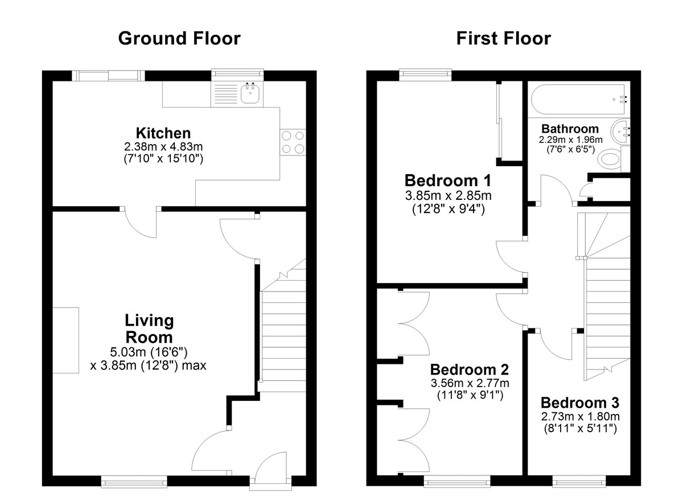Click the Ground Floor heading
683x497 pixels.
point(179,38)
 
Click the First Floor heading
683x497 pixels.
point(503,38)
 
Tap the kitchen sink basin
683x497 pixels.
point(250,93)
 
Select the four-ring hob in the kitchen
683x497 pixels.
point(293,142)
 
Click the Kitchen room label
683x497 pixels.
point(163,133)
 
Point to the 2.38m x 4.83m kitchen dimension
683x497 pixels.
point(163,147)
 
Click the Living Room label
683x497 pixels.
point(149,329)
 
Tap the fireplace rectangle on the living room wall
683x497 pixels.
point(66,340)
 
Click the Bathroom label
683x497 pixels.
point(570,129)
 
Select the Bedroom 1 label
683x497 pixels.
point(447,180)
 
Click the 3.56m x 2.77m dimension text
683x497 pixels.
point(470,383)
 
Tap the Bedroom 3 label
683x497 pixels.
point(579,403)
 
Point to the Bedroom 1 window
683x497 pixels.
point(425,75)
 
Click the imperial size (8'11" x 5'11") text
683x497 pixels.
point(580,429)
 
